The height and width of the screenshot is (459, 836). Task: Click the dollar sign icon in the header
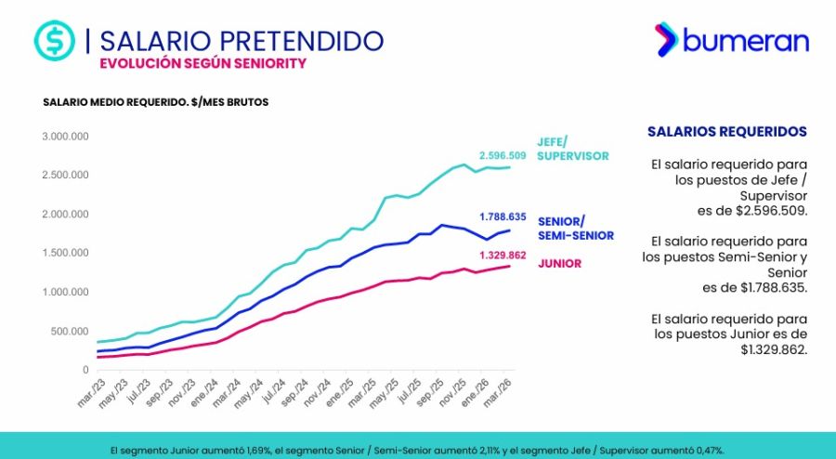(x=54, y=41)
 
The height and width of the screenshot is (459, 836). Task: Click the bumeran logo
(x=731, y=39)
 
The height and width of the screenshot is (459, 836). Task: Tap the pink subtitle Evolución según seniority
(x=202, y=63)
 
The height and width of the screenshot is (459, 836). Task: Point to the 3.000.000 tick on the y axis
(x=64, y=136)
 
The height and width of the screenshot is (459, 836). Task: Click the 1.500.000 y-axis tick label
(x=64, y=253)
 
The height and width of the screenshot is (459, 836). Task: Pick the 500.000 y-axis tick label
(x=69, y=331)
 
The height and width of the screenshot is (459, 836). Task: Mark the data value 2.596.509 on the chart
(x=503, y=155)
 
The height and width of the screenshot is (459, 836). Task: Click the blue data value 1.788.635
(x=503, y=216)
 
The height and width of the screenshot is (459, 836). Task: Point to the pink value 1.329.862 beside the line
(x=503, y=255)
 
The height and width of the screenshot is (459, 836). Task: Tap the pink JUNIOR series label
(x=560, y=263)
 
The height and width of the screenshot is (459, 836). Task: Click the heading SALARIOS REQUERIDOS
(x=726, y=132)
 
